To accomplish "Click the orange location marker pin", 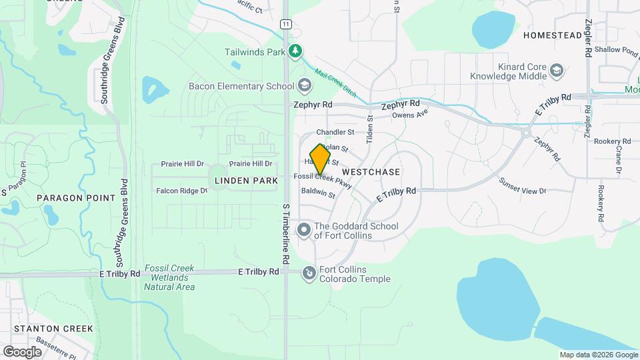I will pos(320,159).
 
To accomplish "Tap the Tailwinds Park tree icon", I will pos(295,51).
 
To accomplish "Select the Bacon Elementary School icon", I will pos(305,85).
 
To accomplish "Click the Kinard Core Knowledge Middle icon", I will pos(557,70).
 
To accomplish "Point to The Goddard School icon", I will pos(304,230).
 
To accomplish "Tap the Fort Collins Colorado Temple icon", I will pos(309,273).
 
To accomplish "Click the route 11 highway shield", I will pos(285,24).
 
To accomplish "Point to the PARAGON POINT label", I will pos(68,198).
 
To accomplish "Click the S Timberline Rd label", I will pos(285,233).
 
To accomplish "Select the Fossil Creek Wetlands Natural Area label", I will pos(169,277).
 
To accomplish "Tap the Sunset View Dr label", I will pos(523,187).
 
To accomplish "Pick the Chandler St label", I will pos(335,132).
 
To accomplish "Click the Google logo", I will pos(22,351).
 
